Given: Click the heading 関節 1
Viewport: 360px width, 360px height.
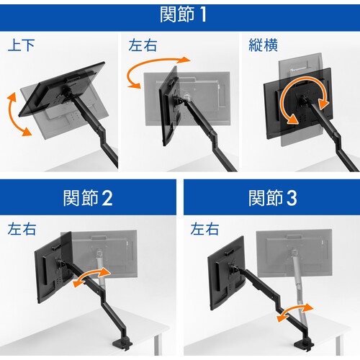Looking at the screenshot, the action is point(183,14).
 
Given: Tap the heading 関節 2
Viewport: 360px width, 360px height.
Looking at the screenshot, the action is point(88,198).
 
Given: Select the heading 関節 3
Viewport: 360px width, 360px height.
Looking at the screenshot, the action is point(273,198).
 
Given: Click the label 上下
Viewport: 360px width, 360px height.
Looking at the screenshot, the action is point(21,45).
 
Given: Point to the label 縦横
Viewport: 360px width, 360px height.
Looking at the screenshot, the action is point(263,45).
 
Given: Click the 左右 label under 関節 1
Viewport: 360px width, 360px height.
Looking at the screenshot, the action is point(143,45).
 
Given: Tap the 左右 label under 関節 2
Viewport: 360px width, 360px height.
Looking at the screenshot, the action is point(22,229).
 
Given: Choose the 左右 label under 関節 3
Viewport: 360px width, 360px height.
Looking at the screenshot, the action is point(204,229).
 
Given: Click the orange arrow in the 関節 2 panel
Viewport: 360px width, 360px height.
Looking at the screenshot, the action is point(91,276).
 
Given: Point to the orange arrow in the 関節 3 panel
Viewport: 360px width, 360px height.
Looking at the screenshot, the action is point(294,312).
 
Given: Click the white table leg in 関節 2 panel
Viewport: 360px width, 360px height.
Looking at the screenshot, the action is point(157,345).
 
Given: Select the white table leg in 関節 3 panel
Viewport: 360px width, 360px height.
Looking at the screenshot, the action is point(338,346).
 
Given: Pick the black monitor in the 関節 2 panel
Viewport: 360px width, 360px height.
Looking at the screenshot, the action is point(54,268).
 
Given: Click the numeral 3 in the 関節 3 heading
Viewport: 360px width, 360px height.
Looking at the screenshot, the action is point(292,198).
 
